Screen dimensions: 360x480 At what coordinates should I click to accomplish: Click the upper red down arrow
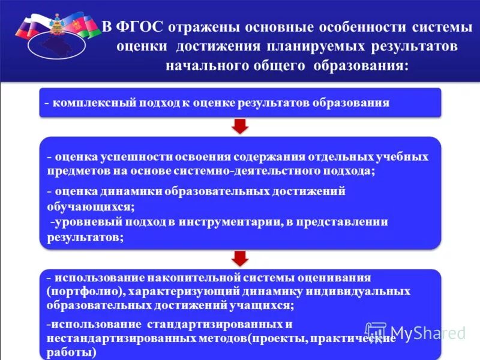point(240,125)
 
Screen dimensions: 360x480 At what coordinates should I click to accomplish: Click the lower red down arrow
point(240,257)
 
